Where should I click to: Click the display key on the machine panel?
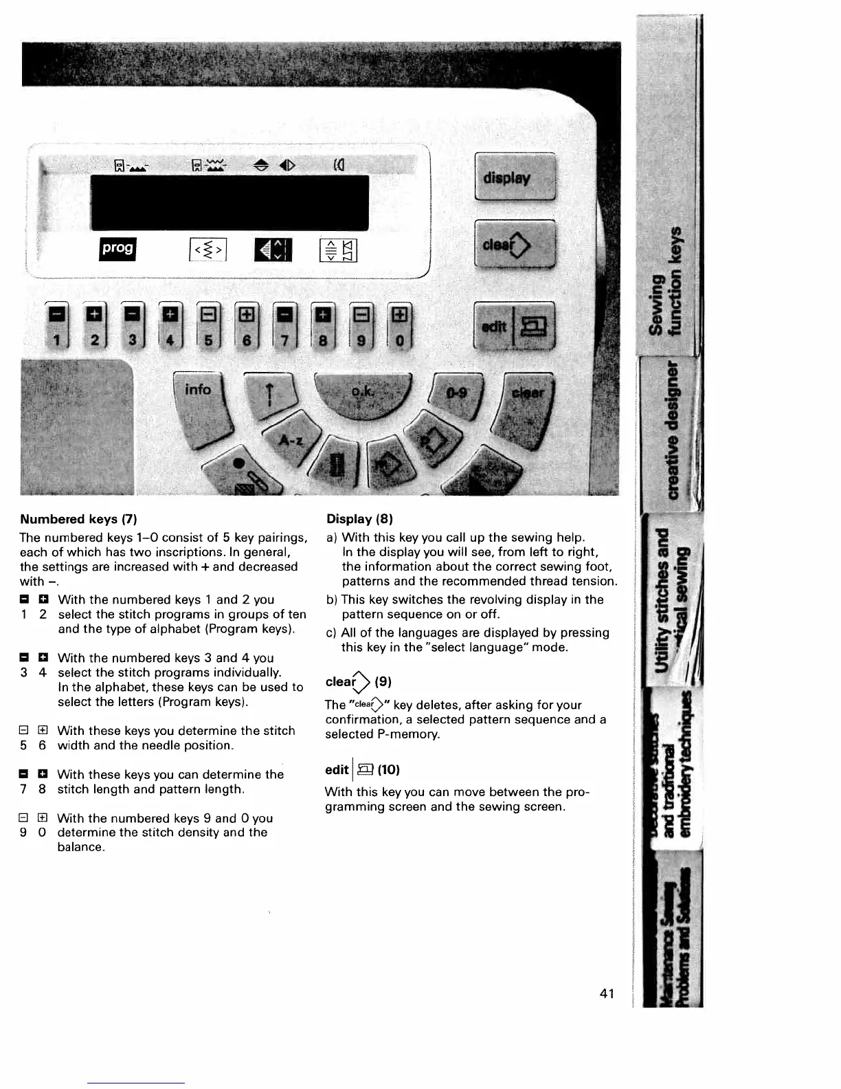[515, 177]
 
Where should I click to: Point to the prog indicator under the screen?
[118, 249]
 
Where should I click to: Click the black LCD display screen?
[229, 202]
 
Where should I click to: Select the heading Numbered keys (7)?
[79, 519]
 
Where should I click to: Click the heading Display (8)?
[359, 519]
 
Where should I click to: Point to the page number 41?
[607, 993]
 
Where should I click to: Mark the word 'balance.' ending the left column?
[81, 847]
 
